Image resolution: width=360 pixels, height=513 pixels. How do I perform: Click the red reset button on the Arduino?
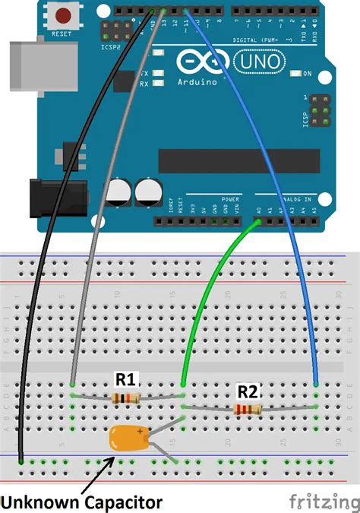tap(60, 14)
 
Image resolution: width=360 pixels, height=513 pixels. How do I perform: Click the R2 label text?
tap(248, 392)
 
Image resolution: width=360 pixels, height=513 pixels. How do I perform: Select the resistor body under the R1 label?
tap(125, 398)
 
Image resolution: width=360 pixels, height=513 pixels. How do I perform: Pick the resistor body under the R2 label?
tap(248, 410)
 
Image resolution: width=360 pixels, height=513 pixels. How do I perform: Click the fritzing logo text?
tap(324, 502)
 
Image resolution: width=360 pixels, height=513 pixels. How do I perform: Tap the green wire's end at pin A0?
tap(260, 223)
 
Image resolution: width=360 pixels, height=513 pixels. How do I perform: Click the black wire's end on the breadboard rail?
tap(21, 461)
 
